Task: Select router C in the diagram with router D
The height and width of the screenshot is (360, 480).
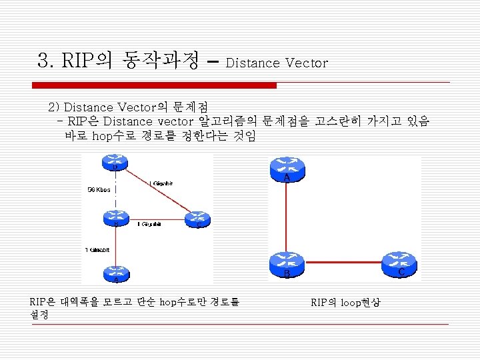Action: (198, 219)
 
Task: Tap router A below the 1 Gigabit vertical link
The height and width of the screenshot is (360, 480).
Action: (115, 273)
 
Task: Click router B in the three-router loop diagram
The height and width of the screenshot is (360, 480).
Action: (287, 265)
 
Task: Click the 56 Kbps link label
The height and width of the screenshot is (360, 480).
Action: (101, 190)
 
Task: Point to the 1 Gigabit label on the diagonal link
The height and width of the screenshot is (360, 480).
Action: (163, 183)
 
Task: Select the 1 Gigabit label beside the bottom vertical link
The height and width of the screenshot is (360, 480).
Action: (98, 249)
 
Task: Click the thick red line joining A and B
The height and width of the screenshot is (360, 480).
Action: (287, 217)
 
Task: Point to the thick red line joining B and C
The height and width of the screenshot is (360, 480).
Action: (343, 264)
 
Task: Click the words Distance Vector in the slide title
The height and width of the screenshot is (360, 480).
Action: (277, 63)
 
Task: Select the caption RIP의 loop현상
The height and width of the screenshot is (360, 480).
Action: (345, 302)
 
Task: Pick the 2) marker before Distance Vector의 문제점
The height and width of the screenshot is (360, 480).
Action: (54, 107)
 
